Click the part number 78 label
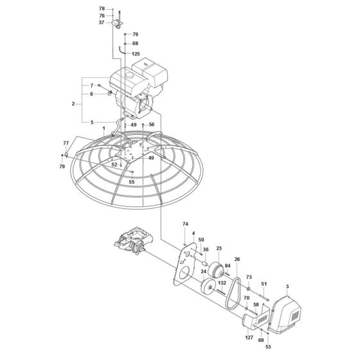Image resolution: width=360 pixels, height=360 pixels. point(102,9)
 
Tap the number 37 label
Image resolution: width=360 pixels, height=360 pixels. point(102,22)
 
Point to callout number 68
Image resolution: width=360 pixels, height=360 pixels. point(135,44)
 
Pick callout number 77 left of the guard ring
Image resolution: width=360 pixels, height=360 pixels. point(66,143)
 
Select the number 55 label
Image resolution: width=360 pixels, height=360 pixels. point(132,183)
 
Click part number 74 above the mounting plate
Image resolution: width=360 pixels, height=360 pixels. point(185,224)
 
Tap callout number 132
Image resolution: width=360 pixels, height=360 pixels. point(222,283)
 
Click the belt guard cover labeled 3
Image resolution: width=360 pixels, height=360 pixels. point(287,314)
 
